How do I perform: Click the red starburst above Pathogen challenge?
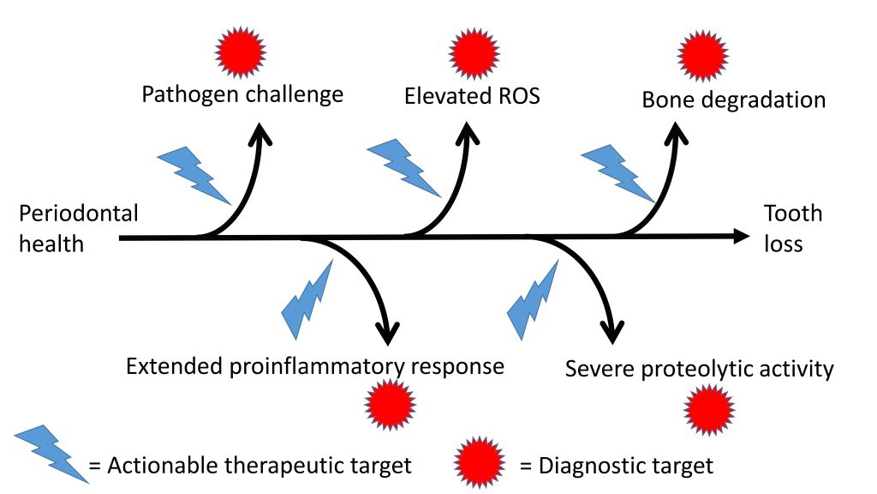241,51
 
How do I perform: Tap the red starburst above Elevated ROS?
474,53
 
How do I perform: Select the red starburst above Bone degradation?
703,56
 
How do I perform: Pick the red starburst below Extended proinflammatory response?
391,405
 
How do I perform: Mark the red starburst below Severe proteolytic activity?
709,409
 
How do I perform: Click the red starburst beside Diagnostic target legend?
480,462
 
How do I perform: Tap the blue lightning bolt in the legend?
51,454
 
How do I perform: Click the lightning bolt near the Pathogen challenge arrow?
194,175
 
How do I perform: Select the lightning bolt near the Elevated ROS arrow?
404,168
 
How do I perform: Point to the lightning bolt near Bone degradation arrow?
618,173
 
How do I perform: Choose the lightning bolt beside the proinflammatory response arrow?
307,299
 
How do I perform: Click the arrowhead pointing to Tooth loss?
742,237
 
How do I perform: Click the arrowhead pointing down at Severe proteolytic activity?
613,333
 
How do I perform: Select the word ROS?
519,96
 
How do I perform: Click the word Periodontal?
79,214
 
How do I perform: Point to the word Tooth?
793,214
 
